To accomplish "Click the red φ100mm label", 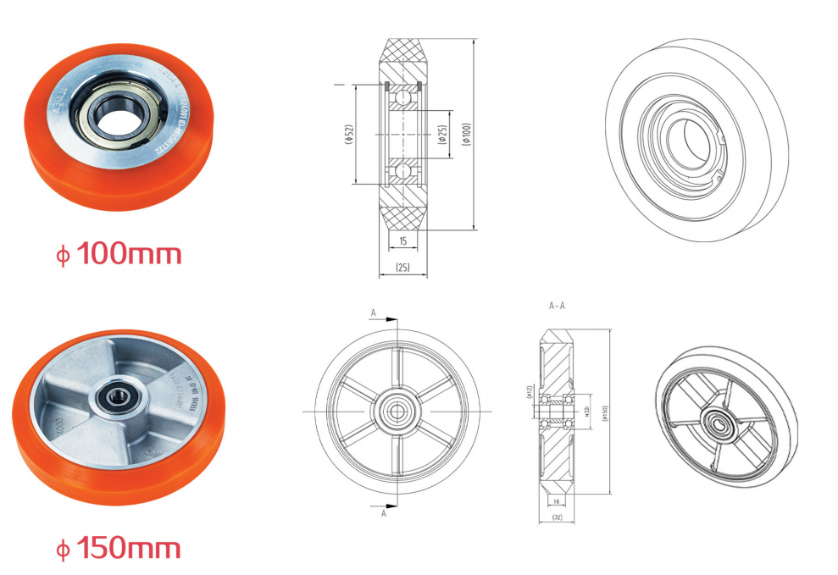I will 119,253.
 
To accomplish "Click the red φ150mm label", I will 119,548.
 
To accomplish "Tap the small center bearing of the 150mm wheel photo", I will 111,395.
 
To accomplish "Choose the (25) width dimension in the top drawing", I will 402,268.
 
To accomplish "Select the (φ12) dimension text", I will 529,392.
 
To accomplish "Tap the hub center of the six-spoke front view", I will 397,412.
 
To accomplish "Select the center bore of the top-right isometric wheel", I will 687,139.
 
